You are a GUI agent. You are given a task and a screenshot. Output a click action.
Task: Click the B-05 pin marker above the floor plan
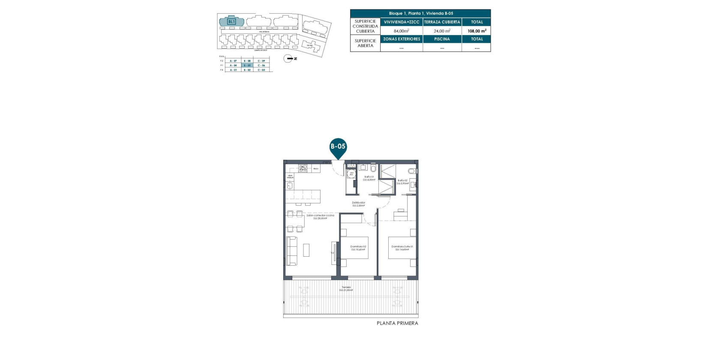[x=338, y=147]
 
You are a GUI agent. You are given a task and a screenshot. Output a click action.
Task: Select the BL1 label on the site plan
[x=231, y=21]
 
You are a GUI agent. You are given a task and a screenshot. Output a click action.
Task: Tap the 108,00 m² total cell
[x=477, y=31]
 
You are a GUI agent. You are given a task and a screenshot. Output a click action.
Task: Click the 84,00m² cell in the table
[x=401, y=31]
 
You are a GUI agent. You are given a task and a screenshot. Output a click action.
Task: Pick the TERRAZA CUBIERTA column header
[x=442, y=22]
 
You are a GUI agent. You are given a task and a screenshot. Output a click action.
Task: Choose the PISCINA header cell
[x=442, y=39]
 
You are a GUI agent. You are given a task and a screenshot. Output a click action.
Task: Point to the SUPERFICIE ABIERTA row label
[x=365, y=43]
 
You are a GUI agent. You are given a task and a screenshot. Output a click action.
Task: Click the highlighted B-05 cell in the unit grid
[x=247, y=66]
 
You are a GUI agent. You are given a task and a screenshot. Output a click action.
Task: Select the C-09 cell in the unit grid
[x=261, y=61]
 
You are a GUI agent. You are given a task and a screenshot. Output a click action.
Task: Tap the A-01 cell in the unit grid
[x=233, y=70]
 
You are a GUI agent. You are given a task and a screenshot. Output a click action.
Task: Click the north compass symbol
[x=288, y=59]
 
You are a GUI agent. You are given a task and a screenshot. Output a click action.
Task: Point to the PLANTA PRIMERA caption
[x=397, y=323]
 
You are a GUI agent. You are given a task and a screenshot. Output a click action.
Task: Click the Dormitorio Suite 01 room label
[x=402, y=248]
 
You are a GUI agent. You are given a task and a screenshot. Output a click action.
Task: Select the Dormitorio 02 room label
[x=358, y=248]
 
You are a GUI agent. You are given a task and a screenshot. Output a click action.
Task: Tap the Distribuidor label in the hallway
[x=359, y=204]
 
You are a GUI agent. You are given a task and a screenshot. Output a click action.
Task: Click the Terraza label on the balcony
[x=346, y=288]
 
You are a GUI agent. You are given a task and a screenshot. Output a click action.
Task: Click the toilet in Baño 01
[x=373, y=167]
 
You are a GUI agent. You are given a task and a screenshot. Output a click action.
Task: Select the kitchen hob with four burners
[x=303, y=168]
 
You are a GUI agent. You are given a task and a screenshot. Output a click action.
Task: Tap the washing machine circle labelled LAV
[x=351, y=174]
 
